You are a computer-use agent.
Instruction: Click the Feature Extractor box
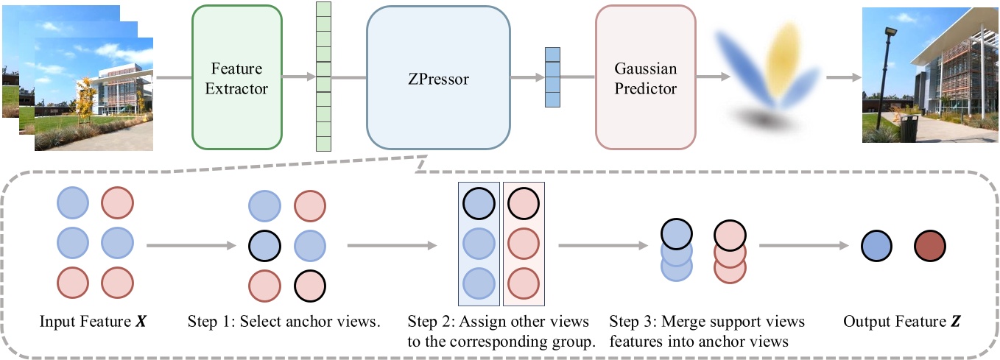click(x=236, y=77)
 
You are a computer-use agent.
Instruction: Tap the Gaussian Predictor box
click(x=645, y=77)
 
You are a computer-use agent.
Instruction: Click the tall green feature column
click(x=323, y=77)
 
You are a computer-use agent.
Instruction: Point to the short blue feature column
click(x=552, y=77)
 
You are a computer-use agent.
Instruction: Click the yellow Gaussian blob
click(x=785, y=55)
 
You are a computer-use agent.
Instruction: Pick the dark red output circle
click(x=930, y=247)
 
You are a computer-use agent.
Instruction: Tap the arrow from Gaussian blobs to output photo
click(x=842, y=77)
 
